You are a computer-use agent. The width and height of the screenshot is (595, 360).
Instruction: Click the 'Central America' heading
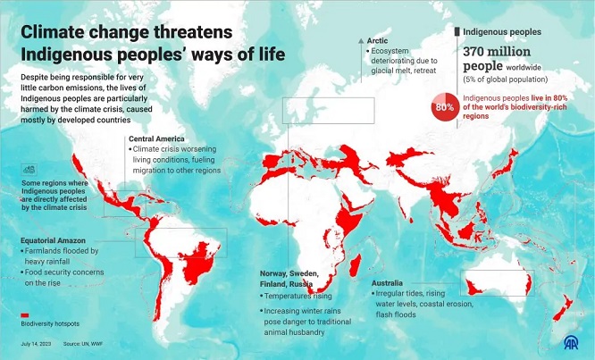pos(156,139)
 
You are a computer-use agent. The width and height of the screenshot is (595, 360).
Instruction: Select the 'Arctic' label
pos(380,40)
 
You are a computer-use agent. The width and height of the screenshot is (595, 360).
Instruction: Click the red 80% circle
pos(444,106)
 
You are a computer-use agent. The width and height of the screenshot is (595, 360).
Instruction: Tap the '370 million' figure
pos(497,53)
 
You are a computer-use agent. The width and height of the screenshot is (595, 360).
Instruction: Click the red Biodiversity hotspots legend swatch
pos(26,315)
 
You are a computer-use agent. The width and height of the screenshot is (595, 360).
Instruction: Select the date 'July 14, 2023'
pos(36,343)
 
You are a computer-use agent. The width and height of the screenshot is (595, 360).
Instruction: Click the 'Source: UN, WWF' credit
pos(82,343)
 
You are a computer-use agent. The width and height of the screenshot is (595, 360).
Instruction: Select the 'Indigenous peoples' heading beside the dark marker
pos(503,32)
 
